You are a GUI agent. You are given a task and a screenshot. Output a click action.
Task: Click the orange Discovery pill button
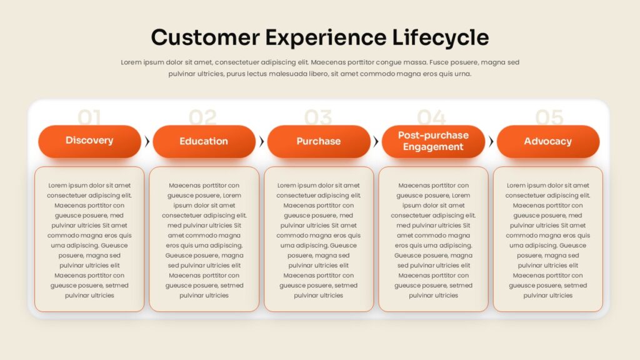[x=89, y=141]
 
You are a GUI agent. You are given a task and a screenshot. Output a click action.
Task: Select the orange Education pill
[x=204, y=141]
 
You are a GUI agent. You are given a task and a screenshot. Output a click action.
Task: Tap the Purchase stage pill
[x=319, y=141]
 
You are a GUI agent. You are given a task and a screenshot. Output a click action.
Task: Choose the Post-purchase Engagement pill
[x=434, y=141]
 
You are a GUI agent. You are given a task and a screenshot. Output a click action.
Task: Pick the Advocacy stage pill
[x=548, y=141]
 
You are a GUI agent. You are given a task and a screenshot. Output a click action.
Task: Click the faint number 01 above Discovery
[x=89, y=117]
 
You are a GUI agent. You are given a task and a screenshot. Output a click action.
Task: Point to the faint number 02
[x=203, y=117]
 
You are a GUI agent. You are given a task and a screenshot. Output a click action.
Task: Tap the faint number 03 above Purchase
[x=318, y=117]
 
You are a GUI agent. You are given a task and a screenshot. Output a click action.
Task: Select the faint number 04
[x=431, y=117]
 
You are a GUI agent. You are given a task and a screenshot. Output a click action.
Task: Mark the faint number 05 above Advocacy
[x=549, y=117]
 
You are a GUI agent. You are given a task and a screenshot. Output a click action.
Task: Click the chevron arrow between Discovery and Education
[x=147, y=141]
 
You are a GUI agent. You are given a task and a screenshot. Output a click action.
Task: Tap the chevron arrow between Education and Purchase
[x=262, y=141]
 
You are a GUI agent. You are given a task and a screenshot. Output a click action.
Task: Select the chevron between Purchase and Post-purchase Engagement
[x=376, y=141]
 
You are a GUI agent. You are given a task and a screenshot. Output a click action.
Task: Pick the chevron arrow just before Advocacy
[x=491, y=141]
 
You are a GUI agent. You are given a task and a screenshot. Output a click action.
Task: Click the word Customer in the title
[x=205, y=37]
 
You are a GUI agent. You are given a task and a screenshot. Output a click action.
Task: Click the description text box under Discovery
[x=89, y=239]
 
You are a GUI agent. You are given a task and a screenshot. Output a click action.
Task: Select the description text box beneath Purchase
[x=319, y=239]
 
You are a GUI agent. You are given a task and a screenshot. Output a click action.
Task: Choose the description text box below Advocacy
[x=548, y=239]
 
